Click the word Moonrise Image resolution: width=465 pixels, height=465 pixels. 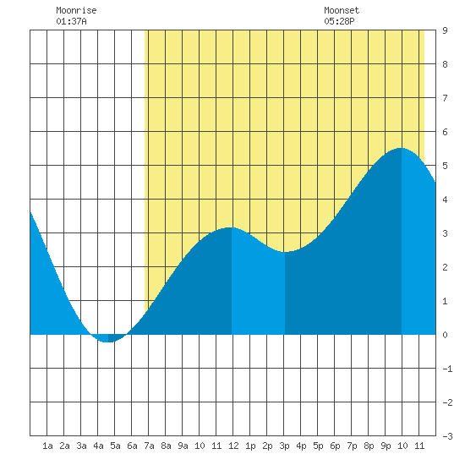pos(76,10)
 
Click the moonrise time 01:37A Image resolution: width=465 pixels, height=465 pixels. pos(71,21)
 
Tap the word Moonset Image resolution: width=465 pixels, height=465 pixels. pos(342,10)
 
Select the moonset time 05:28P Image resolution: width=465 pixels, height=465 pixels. pos(339,21)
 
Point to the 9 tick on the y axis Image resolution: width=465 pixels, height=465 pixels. pos(445,30)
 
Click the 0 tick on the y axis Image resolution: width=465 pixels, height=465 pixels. pos(445,335)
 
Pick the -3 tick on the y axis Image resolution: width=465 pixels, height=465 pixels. pos(447,436)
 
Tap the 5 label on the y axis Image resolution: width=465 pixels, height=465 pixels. pos(445,166)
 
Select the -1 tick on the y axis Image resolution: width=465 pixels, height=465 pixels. pos(447,369)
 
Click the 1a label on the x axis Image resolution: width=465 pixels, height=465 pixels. pos(47,446)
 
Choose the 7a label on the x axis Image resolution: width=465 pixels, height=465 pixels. pos(149,446)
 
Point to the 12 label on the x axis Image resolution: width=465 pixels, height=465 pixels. pos(233,446)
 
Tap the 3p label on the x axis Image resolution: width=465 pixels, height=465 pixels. pos(284,446)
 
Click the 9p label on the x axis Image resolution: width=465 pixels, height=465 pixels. pos(386,446)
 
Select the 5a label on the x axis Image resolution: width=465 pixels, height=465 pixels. pos(115,446)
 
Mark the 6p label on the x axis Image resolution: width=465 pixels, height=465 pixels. pos(335,446)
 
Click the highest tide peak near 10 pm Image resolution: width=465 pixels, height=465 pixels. pos(401,148)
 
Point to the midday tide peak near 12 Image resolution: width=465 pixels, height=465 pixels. pos(231,227)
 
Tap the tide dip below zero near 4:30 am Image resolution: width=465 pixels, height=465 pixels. pos(108,342)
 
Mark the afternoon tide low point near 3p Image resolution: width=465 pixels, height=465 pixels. pos(285,252)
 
